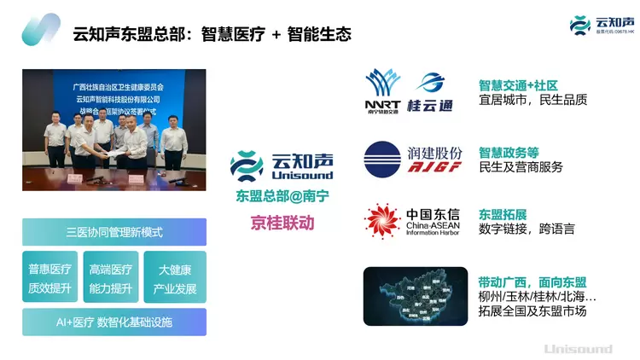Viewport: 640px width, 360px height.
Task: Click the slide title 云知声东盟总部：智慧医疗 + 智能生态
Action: (212, 34)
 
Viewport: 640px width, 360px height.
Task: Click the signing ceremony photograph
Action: (113, 118)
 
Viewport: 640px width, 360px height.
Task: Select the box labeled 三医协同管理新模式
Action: (114, 232)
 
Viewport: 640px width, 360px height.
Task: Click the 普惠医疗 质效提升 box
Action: (49, 277)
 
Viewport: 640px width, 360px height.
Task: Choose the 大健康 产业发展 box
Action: (175, 277)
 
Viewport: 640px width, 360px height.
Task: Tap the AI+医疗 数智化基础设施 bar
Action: (114, 322)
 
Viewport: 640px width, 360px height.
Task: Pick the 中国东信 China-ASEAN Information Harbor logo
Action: (413, 220)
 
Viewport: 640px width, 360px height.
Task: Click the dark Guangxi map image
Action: (415, 296)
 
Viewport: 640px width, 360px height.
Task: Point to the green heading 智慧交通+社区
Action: (518, 85)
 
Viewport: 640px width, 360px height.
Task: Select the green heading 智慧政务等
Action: (509, 151)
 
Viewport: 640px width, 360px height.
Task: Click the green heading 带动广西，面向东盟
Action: (532, 282)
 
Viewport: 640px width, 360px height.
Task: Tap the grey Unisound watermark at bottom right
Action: (578, 348)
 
